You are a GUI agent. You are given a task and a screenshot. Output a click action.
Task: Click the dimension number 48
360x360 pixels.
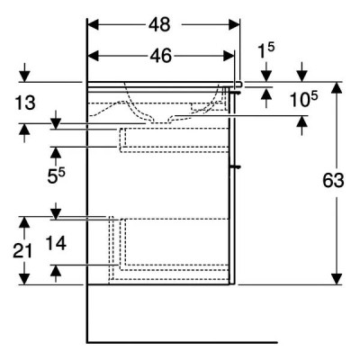tap(159, 24)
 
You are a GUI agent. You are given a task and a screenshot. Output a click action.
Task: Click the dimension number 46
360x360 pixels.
tap(161, 56)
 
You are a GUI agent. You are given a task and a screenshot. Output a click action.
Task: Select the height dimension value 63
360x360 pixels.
tap(333, 181)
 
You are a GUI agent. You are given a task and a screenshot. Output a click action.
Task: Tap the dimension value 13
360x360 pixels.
tap(25, 103)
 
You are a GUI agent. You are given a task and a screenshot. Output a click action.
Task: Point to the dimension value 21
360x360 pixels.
tap(22, 251)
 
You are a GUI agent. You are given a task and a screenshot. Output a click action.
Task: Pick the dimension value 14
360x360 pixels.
tap(56, 243)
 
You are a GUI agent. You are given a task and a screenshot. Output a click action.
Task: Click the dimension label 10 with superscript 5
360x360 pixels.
tap(303, 99)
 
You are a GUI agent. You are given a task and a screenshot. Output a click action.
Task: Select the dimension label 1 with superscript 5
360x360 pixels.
tap(266, 51)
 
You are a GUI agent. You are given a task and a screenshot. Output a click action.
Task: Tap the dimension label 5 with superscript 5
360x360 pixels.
tap(56, 175)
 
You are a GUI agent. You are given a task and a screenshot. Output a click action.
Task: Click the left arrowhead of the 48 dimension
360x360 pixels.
tap(93, 24)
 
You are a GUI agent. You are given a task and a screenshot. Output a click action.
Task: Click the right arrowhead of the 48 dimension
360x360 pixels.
tap(234, 24)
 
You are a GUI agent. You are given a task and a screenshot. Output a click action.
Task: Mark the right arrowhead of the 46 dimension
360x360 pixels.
tap(229, 56)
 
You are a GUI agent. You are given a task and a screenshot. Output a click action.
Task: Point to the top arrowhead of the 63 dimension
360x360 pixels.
tap(337, 87)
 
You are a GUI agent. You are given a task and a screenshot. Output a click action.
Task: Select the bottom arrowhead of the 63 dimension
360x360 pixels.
tap(337, 279)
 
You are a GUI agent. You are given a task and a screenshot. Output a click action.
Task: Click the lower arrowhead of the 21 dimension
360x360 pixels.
tap(24, 279)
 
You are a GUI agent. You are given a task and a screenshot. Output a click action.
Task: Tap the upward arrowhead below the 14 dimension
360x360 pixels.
tap(56, 271)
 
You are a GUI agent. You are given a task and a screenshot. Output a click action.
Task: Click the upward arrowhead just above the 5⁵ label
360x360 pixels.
tap(56, 152)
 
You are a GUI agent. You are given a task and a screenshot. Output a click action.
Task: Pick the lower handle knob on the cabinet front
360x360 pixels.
tap(236, 166)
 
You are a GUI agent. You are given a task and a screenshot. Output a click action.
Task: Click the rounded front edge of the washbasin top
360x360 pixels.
tap(239, 85)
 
